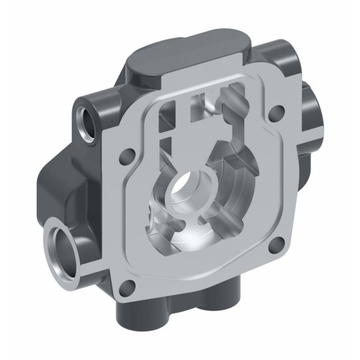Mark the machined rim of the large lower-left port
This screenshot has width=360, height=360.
click(51, 242)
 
